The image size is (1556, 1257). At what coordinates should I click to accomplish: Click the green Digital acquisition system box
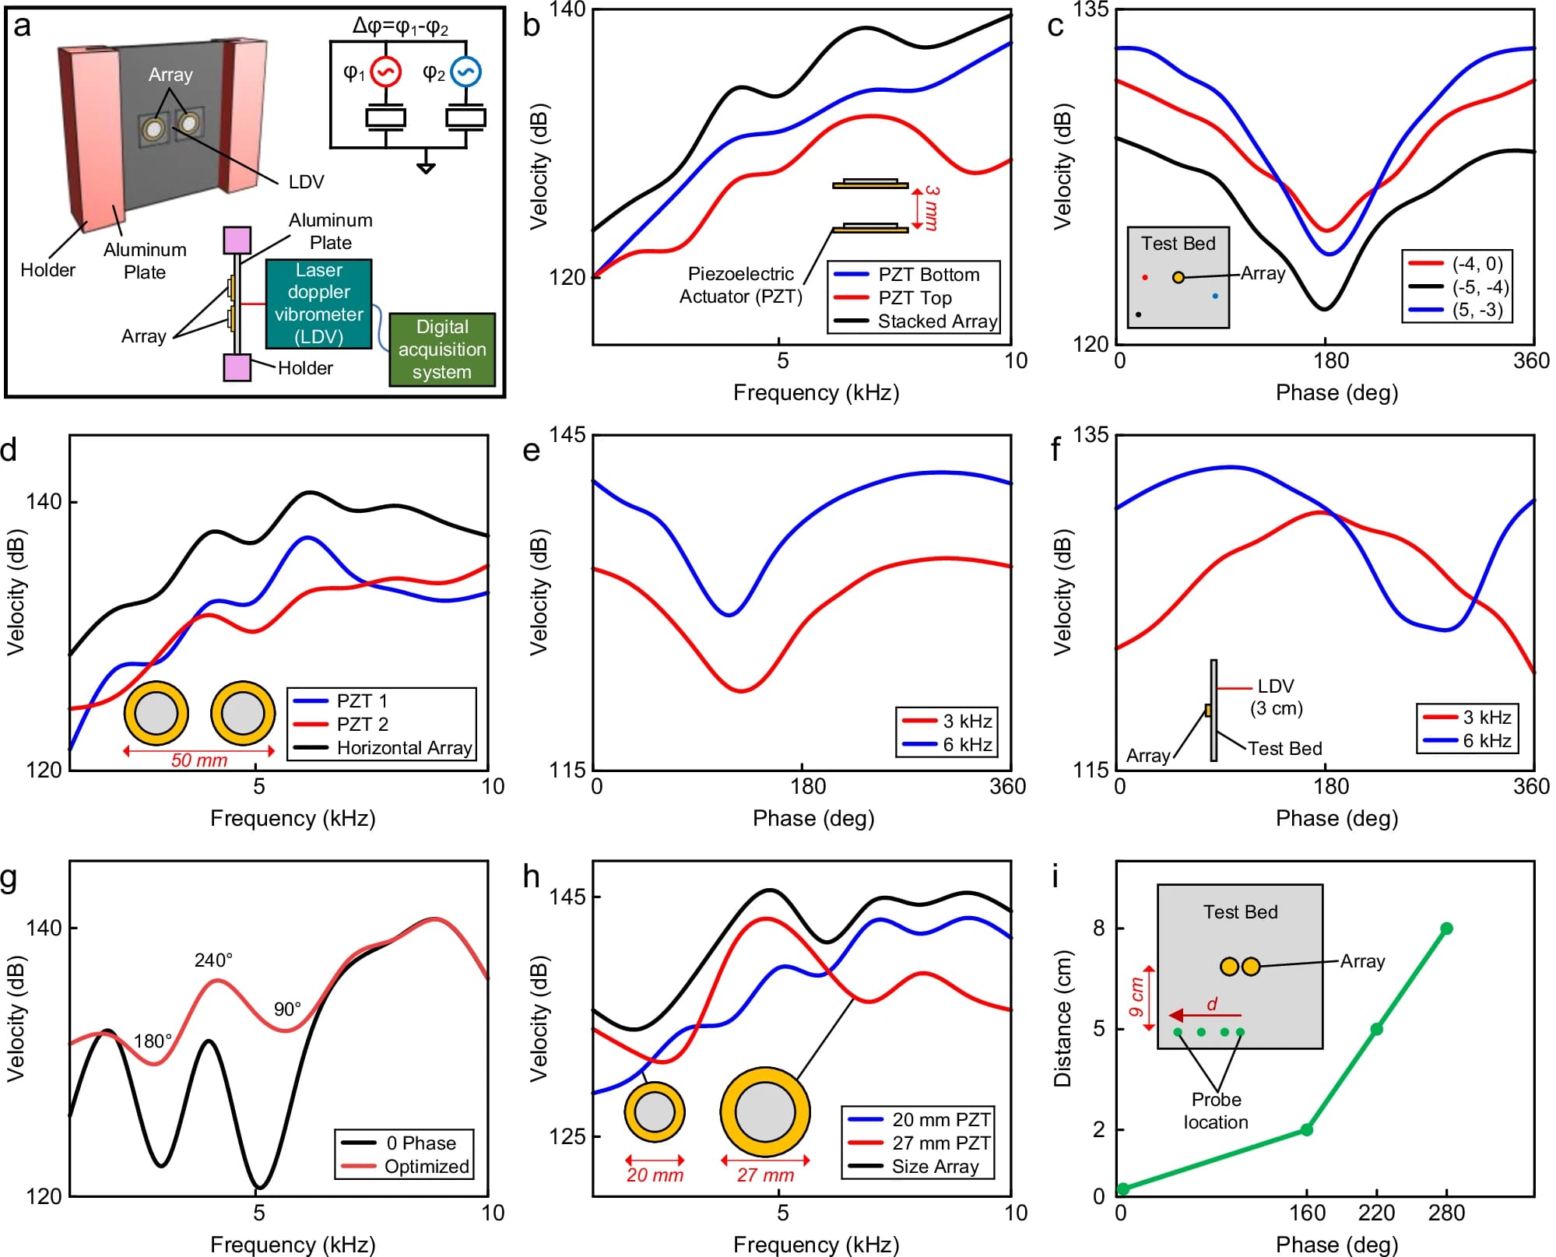coord(441,349)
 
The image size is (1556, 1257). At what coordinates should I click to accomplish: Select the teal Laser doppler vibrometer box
coord(318,304)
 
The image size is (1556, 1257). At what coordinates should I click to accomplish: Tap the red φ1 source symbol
coord(385,72)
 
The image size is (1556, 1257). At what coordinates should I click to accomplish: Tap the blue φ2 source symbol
coord(465,72)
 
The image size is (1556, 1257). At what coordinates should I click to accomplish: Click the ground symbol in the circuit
coord(426,167)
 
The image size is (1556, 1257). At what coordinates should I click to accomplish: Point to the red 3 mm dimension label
coord(931,208)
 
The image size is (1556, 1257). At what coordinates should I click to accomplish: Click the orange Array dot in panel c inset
coord(1178,277)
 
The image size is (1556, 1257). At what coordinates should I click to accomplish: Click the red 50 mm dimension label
coord(199,760)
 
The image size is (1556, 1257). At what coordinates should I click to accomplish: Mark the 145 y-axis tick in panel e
coord(567,434)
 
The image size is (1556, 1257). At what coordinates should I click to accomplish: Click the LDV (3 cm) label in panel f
coord(1276,697)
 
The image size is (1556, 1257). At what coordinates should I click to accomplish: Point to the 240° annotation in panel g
coord(213,960)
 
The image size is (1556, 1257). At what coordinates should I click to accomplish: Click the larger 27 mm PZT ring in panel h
coord(765,1111)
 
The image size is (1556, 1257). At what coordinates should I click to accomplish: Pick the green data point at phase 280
coord(1446,929)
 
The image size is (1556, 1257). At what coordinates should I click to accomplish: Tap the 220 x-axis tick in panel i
coord(1376,1213)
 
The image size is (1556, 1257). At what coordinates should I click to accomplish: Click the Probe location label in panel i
coord(1216,1111)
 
